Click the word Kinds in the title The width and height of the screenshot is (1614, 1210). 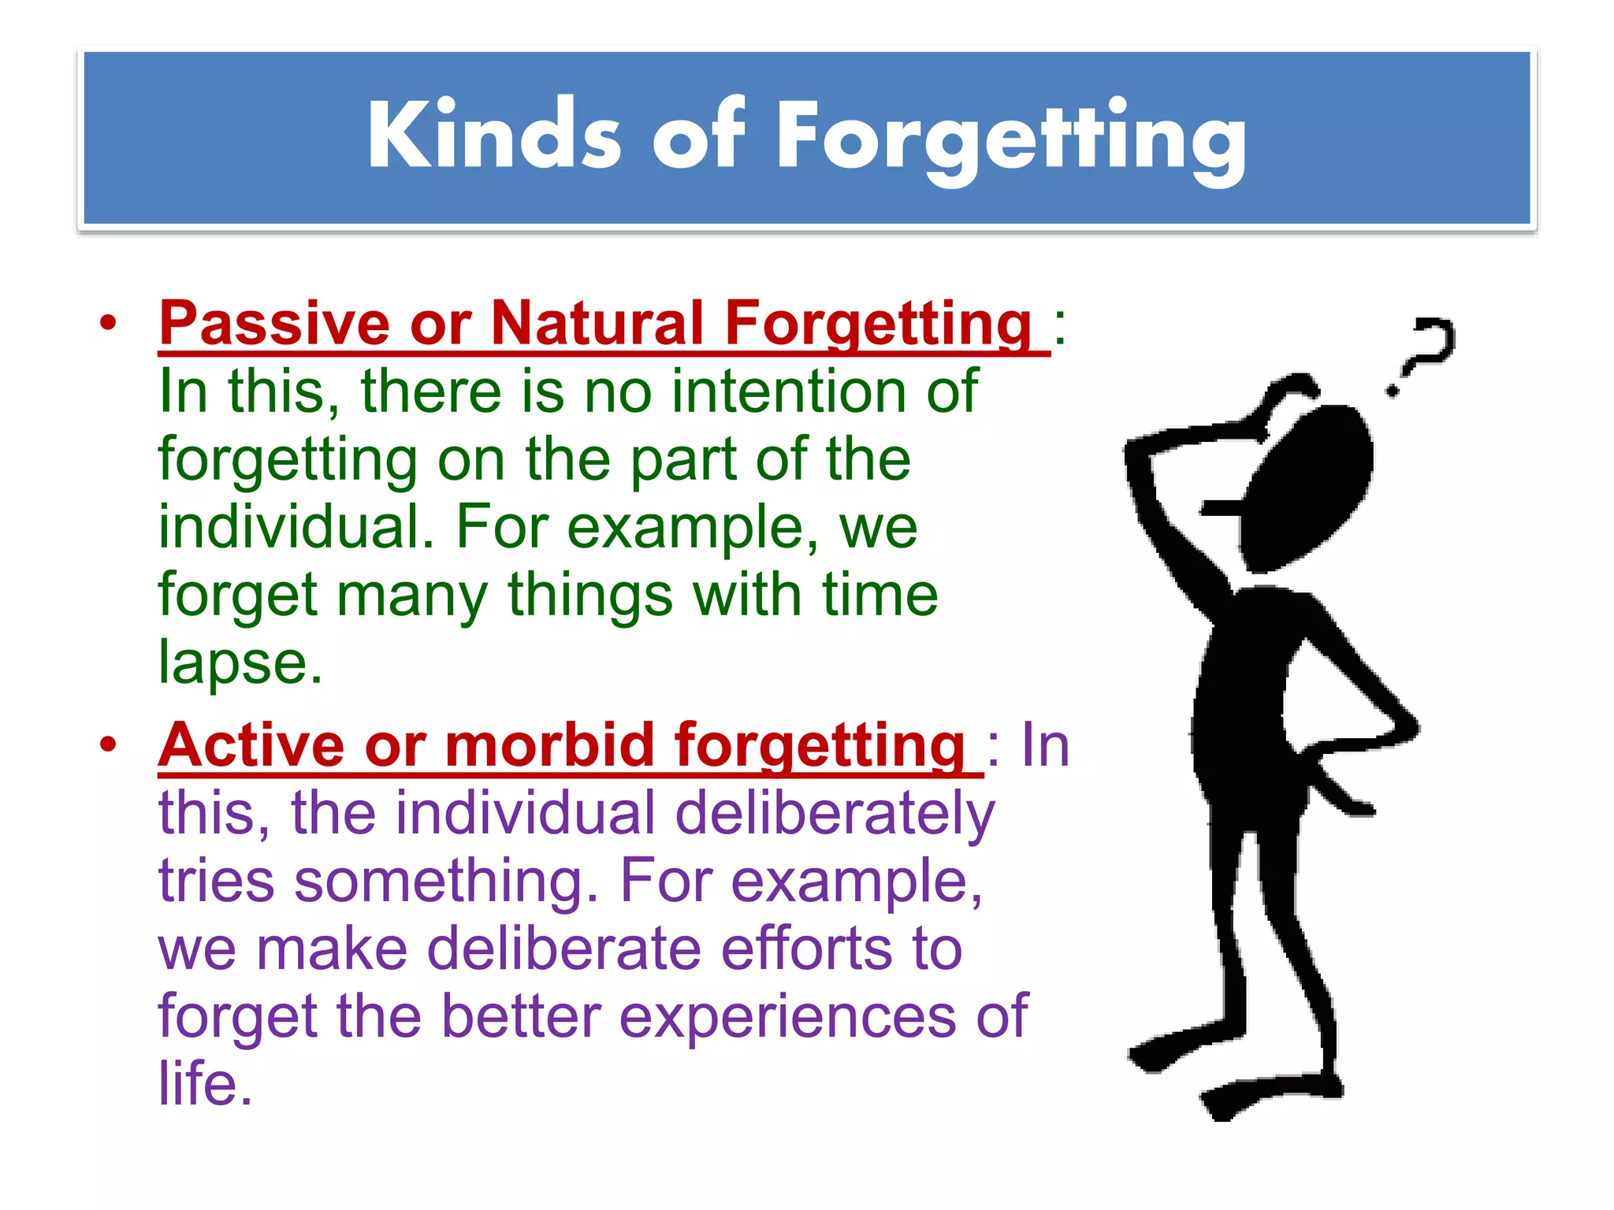tap(494, 135)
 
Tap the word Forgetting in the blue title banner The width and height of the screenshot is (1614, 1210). tap(1011, 139)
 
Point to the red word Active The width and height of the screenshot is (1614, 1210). tap(251, 745)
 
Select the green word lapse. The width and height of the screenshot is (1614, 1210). tap(240, 663)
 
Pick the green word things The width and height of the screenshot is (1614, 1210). tap(590, 595)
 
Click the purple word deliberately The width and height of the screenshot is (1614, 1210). tap(835, 815)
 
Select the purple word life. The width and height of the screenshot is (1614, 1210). tap(205, 1084)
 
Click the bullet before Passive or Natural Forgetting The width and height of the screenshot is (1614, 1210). tap(108, 324)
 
